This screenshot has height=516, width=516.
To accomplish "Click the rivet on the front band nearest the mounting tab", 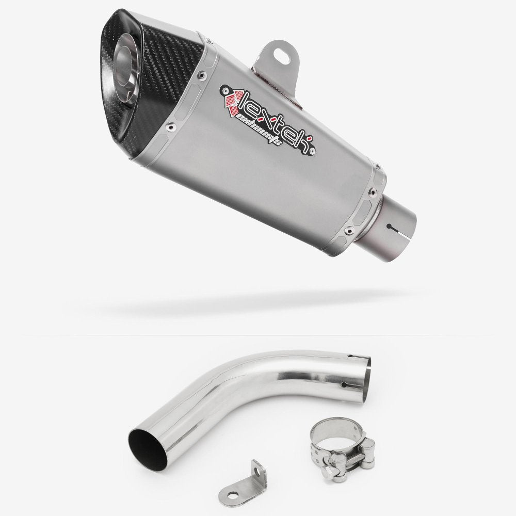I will coord(200,75).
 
